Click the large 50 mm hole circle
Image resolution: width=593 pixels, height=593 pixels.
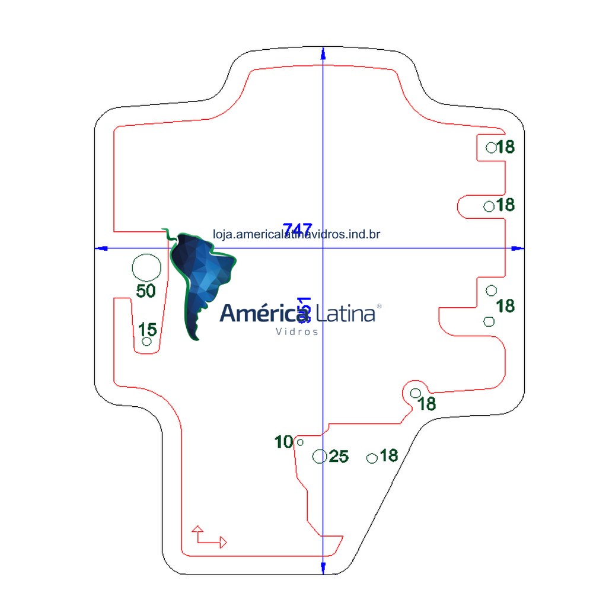coord(146,267)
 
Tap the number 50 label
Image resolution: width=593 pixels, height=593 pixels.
coord(146,291)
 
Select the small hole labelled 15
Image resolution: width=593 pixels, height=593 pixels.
coord(146,341)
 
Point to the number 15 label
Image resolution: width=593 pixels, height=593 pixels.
coord(148,329)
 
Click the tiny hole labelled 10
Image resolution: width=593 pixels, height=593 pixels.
coord(300,442)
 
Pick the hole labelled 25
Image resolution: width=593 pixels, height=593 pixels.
coord(320,456)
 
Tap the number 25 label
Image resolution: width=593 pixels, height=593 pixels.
coord(339,456)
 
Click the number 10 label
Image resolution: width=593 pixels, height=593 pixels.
coord(284,442)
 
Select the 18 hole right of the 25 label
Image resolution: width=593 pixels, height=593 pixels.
coord(372,458)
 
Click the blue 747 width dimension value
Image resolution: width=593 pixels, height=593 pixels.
coord(297,229)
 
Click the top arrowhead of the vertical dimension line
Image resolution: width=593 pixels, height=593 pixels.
coord(323,53)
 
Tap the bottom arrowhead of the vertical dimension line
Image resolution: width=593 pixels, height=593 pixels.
coord(323,568)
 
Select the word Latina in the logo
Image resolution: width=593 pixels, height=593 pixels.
coord(346,313)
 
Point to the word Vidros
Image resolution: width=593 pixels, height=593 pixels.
coord(297,331)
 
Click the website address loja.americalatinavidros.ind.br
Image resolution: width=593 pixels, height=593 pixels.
coord(296,235)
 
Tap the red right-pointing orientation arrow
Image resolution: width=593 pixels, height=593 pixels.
coord(222,541)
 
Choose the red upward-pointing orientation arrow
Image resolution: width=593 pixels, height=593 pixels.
coord(197,528)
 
